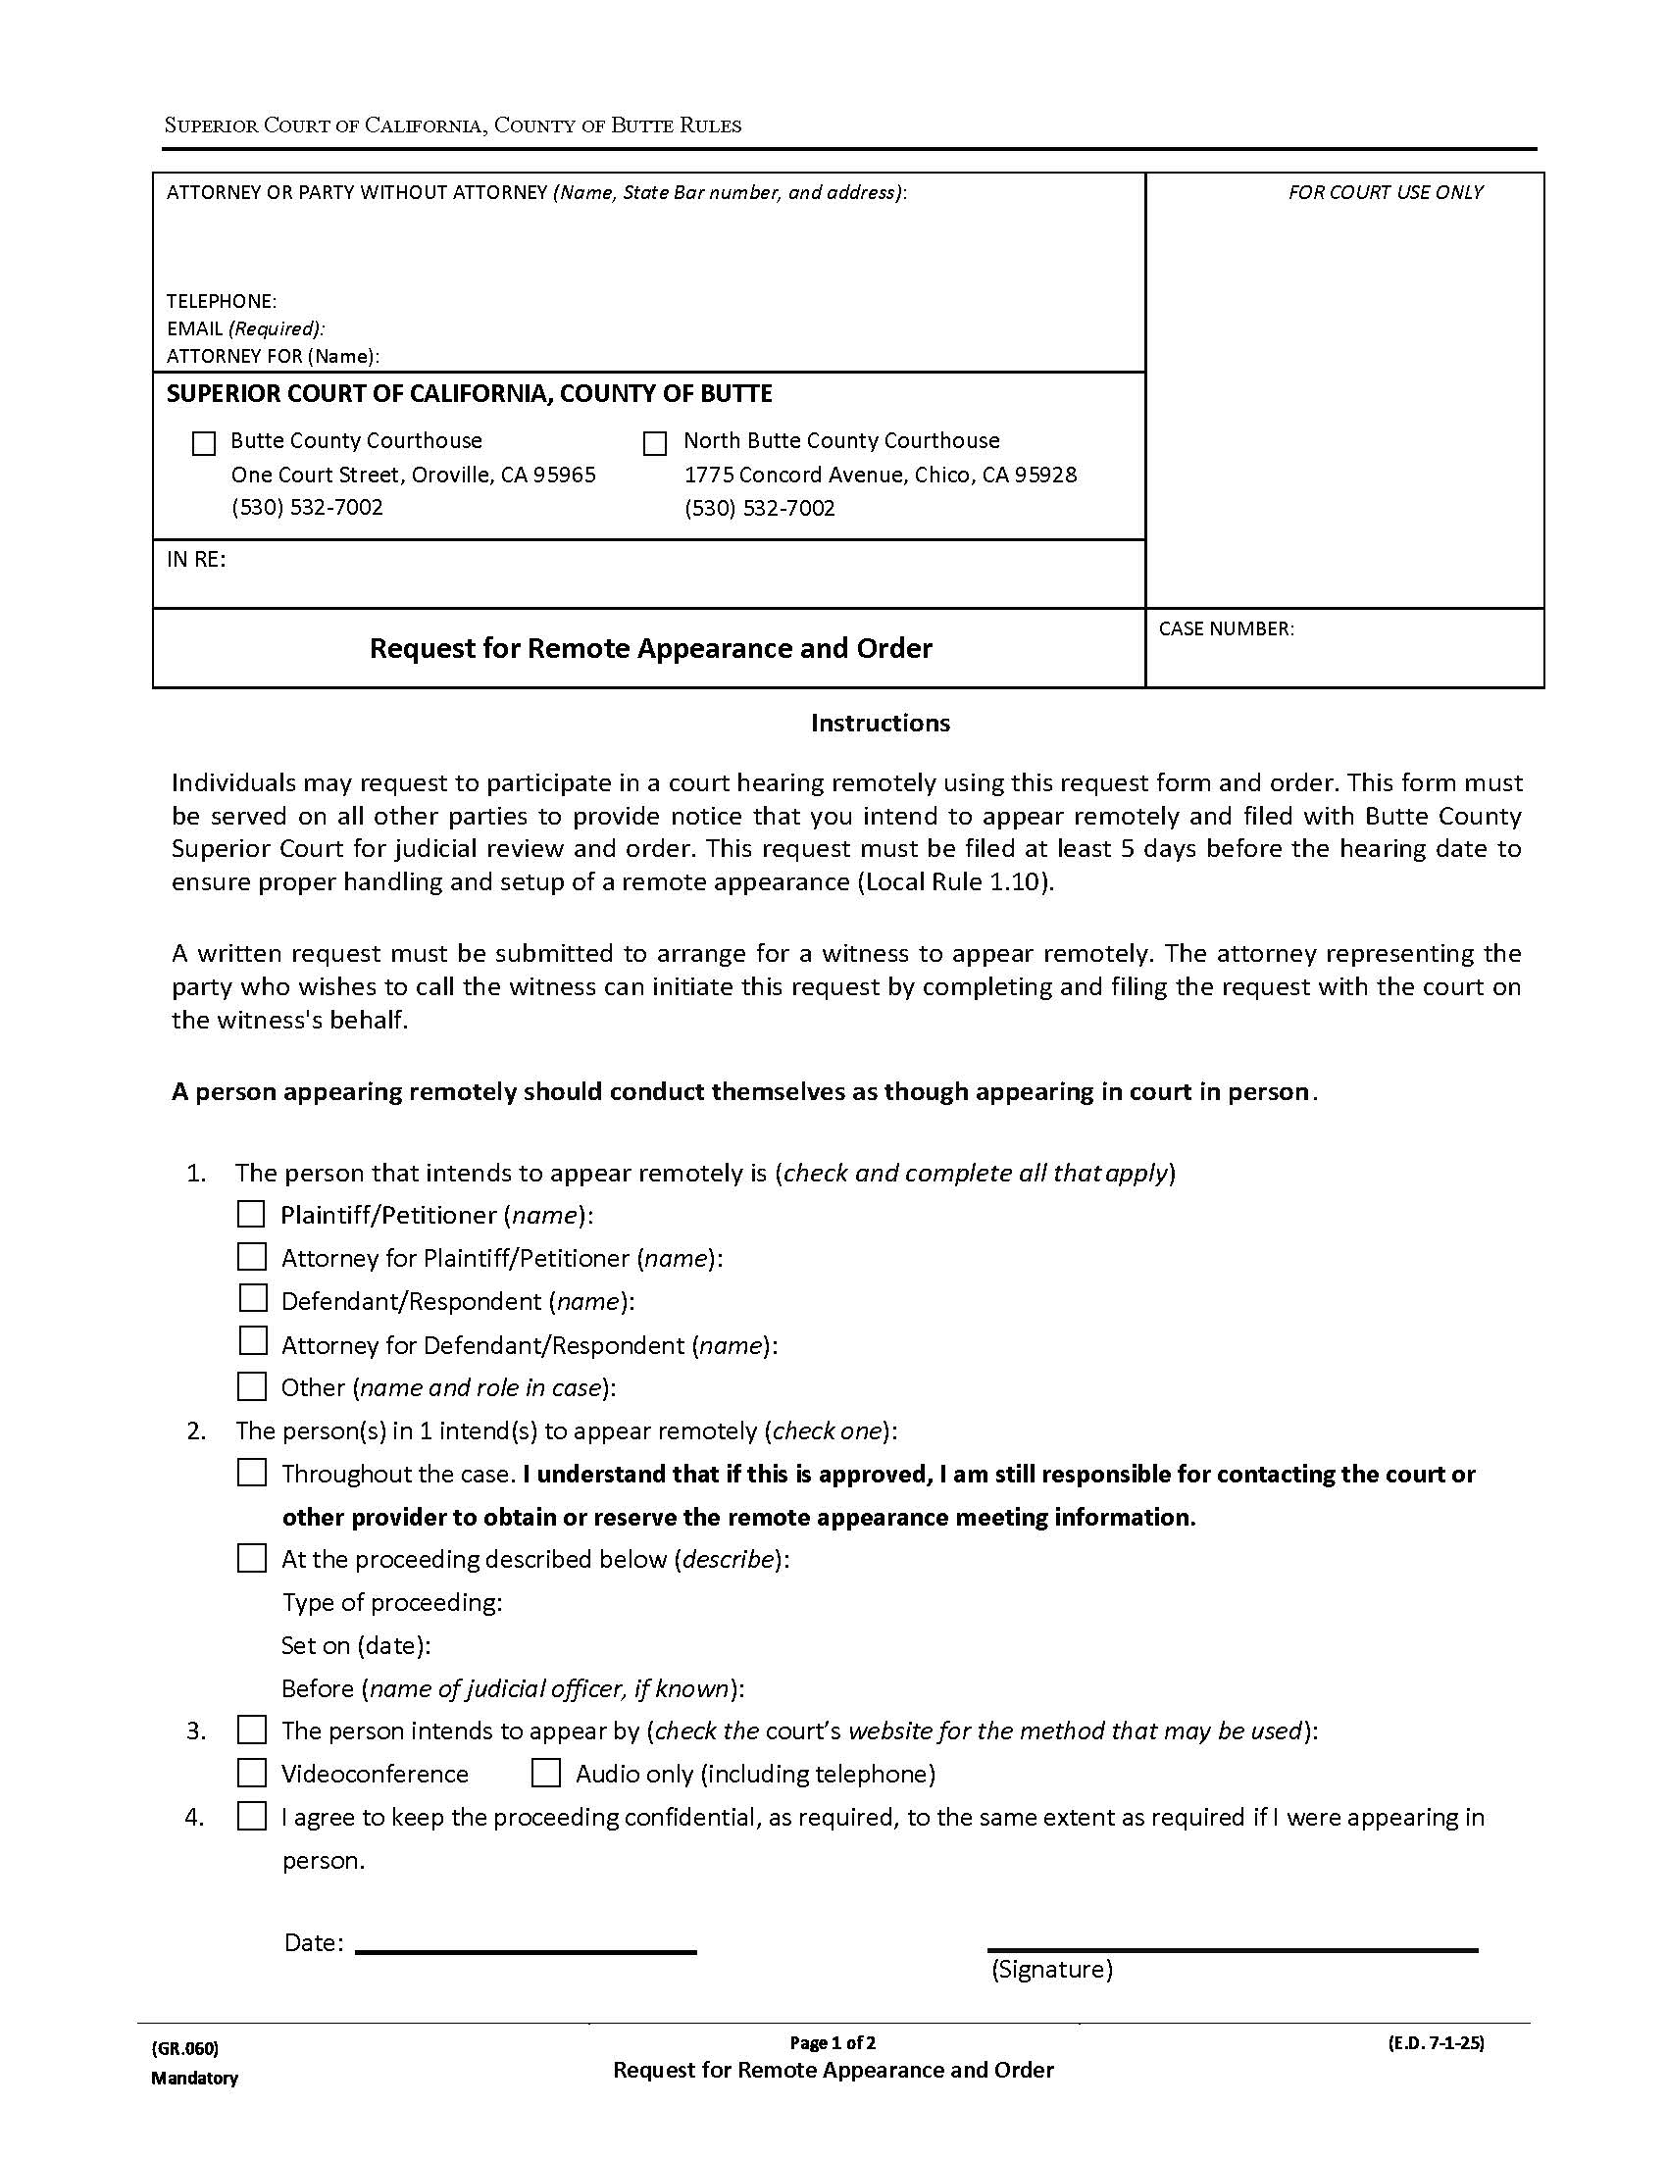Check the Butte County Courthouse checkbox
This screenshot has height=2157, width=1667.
click(203, 443)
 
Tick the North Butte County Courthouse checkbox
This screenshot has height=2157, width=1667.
click(655, 443)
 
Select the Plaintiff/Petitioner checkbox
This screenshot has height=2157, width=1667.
click(252, 1214)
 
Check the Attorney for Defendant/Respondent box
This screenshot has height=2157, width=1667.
click(253, 1341)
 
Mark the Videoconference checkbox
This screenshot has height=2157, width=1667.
click(253, 1773)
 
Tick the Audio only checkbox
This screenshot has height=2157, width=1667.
click(546, 1773)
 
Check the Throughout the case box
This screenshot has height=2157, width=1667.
click(253, 1473)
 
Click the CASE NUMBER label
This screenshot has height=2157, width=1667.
click(1226, 629)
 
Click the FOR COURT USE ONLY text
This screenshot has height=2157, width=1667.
click(1385, 192)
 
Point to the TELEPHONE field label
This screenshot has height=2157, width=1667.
click(222, 301)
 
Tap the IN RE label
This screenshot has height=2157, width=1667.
click(195, 560)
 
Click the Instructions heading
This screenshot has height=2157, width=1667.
click(880, 723)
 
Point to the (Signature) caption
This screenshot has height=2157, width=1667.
click(1052, 1970)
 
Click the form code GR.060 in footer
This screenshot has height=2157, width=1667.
click(184, 2047)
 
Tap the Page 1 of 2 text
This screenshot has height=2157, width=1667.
click(833, 2042)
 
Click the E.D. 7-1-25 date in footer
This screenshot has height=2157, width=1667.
click(1435, 2042)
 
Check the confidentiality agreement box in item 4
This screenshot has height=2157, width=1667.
click(253, 1816)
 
